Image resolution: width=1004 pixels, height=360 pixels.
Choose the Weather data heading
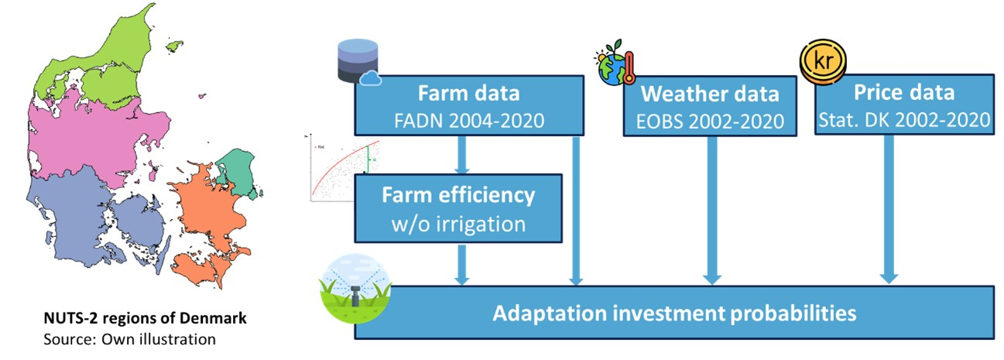click(x=711, y=94)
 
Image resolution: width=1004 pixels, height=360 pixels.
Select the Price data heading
click(x=904, y=93)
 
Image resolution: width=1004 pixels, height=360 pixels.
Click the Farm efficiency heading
click(x=458, y=194)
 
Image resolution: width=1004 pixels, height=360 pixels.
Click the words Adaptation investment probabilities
click(x=673, y=314)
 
